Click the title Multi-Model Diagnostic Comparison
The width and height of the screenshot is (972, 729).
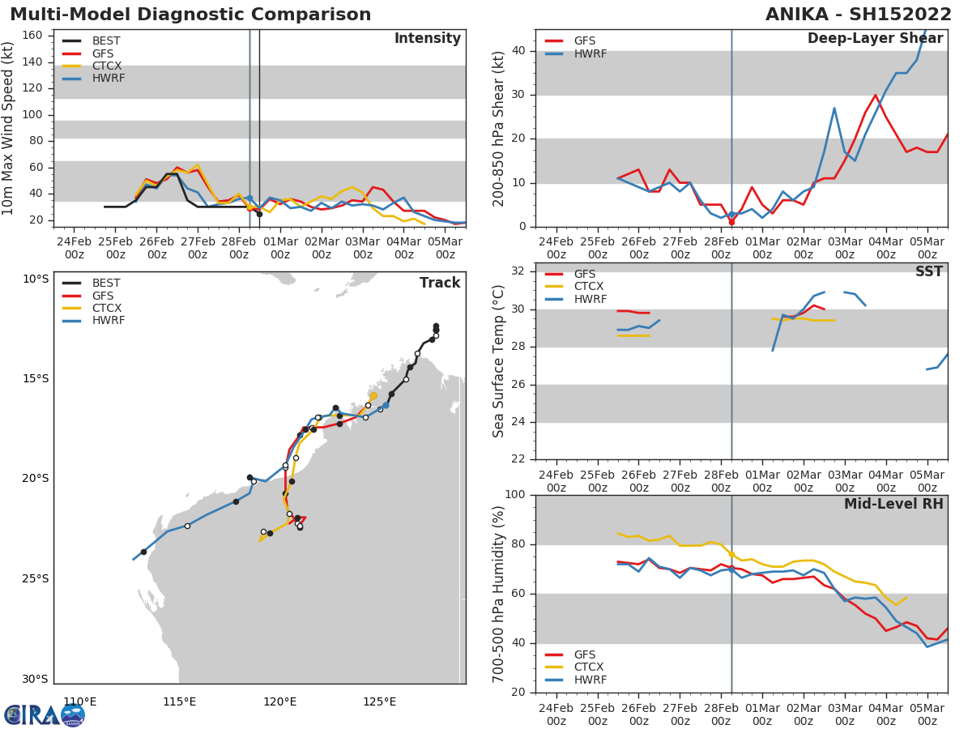[x=190, y=15]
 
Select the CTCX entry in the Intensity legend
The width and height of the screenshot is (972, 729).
[x=106, y=66]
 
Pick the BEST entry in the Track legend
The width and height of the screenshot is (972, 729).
[x=106, y=283]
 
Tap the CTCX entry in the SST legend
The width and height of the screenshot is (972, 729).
[x=589, y=287]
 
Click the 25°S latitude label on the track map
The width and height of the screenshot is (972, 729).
[x=36, y=578]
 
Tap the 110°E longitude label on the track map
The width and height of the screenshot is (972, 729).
[x=79, y=701]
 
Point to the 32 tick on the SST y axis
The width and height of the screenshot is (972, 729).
[x=518, y=271]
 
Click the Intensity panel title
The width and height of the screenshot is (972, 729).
[x=427, y=39]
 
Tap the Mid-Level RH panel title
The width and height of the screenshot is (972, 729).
[x=893, y=505]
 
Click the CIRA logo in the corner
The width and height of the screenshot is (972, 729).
[x=44, y=714]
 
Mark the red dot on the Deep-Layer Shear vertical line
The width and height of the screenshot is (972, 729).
[x=731, y=221]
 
